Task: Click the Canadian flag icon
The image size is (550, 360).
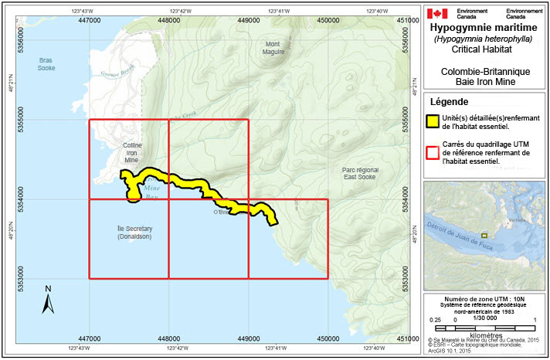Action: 438,13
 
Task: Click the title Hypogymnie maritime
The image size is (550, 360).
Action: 485,28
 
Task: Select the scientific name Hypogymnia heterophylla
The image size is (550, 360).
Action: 485,39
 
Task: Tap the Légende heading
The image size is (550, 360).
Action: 450,102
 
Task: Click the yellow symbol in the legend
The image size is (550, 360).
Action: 434,121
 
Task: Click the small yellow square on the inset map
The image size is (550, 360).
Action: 484,235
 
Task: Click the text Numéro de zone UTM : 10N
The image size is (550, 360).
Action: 484,297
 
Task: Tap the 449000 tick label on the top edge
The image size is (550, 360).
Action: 248,19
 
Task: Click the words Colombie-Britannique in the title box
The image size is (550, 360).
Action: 485,70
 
